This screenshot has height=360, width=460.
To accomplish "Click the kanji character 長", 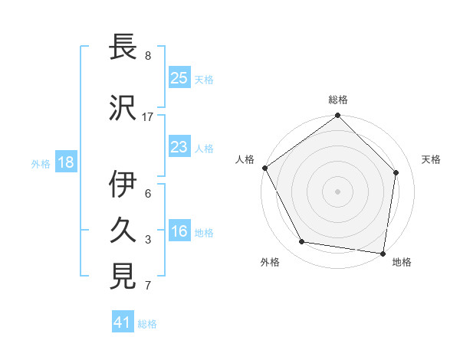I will click(x=124, y=47).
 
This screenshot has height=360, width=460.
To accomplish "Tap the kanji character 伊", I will click(x=124, y=185).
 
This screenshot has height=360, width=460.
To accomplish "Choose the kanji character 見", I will click(x=124, y=277).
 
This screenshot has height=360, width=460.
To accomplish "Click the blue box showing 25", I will click(x=179, y=78).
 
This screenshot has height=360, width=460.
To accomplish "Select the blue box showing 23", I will click(x=179, y=147).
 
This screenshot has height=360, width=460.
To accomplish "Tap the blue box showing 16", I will click(x=179, y=232).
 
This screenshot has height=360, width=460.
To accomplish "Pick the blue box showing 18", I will click(x=64, y=162).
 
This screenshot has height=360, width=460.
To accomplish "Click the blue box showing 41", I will click(x=123, y=322).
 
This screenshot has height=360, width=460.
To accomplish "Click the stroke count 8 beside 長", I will click(x=148, y=56).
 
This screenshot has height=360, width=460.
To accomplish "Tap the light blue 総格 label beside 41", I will click(x=147, y=324).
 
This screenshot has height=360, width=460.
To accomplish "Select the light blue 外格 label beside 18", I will click(x=41, y=163).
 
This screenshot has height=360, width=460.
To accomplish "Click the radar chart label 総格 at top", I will click(x=338, y=100).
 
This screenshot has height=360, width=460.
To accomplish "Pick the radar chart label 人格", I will click(x=245, y=159).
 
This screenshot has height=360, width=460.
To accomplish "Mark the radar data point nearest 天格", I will click(x=396, y=172).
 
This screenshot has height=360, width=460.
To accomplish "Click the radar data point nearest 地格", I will click(x=383, y=253).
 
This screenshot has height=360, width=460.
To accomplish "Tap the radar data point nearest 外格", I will click(x=302, y=242).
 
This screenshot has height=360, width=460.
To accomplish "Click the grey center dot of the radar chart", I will click(x=338, y=191).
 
